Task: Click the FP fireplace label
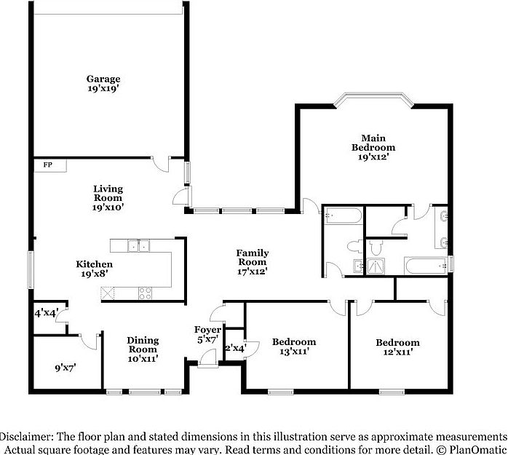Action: [48, 165]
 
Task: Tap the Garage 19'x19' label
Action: [103, 83]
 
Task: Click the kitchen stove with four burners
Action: [146, 293]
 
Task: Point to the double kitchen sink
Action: [138, 245]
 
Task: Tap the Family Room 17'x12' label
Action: [252, 262]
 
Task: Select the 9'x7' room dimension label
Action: [66, 368]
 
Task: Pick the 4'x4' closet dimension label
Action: [46, 314]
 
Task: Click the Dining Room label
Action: [143, 349]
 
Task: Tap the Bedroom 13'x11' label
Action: [294, 347]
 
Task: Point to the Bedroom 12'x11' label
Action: [397, 347]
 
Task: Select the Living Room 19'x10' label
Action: [108, 197]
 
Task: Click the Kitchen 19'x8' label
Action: [95, 269]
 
